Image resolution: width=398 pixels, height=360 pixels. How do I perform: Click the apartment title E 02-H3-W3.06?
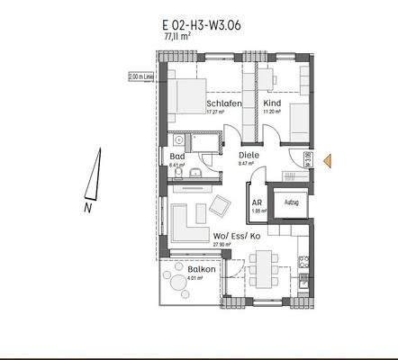coord(199,27)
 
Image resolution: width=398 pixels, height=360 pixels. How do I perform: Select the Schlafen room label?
coord(222,103)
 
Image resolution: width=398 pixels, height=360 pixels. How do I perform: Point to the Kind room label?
coord(273,103)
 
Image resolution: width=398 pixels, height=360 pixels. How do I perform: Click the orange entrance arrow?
coord(329,161)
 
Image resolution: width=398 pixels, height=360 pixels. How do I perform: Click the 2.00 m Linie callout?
coord(141,76)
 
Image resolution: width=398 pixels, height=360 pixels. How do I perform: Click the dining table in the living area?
coord(265,266)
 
